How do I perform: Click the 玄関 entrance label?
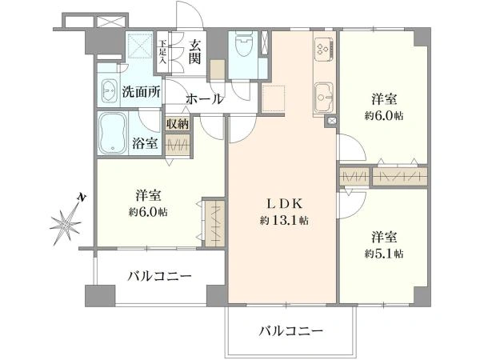tap(195, 50)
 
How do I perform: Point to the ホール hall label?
tap(205, 99)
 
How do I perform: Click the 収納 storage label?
tap(178, 123)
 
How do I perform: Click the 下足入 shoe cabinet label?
tap(162, 51)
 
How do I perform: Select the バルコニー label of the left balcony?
tap(160, 277)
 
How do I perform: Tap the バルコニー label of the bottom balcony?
tap(290, 330)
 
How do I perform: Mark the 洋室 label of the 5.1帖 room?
tap(384, 238)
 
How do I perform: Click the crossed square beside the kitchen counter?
tap(330, 122)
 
